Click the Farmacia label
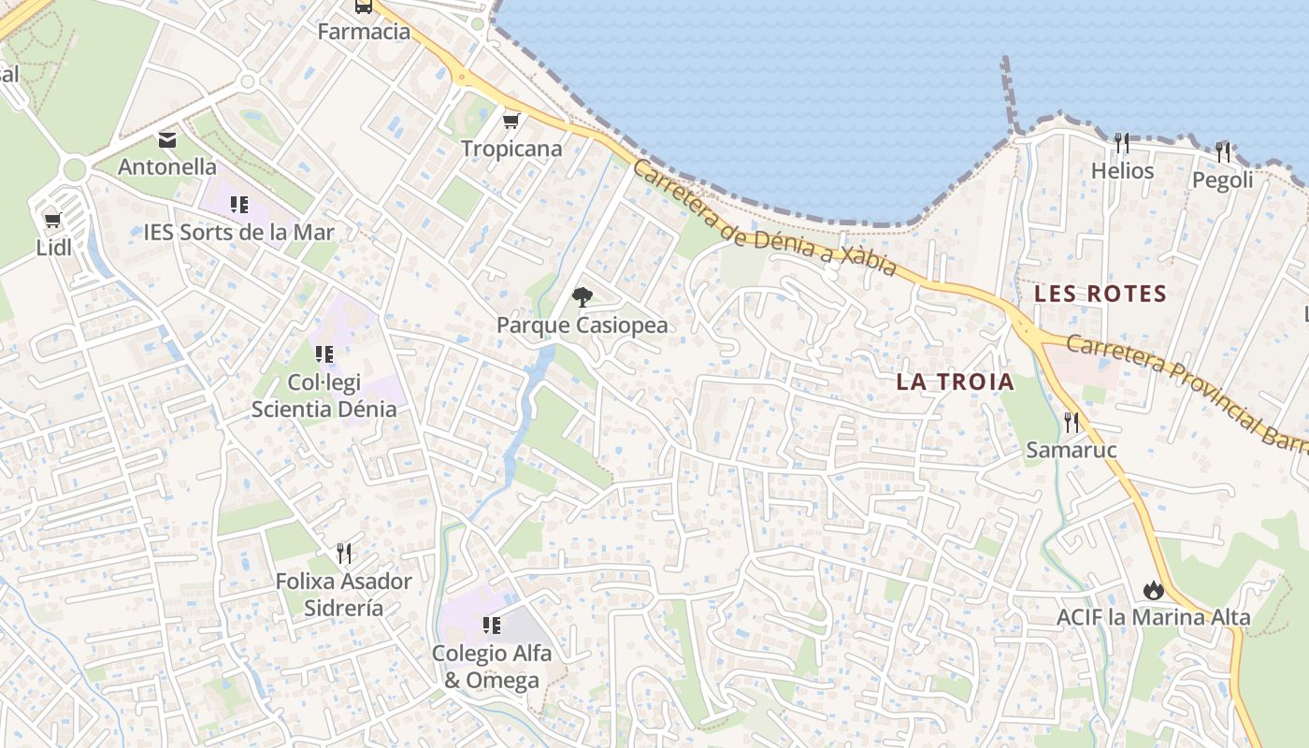[x=364, y=32]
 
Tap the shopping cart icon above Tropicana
[x=511, y=121]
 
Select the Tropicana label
[x=511, y=149]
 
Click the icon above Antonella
[x=167, y=140]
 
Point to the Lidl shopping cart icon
[x=53, y=222]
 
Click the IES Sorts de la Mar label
[x=238, y=232]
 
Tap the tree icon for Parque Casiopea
[x=582, y=297]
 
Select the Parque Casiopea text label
[x=582, y=325]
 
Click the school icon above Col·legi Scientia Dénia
[x=324, y=354]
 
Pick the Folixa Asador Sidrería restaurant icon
[x=344, y=554]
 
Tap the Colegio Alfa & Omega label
[x=492, y=666]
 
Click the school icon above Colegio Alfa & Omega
[x=491, y=625]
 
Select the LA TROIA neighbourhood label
[x=955, y=381]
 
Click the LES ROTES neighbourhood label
[x=1100, y=294]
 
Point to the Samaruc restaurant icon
[x=1072, y=423]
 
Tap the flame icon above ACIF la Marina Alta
[x=1153, y=590]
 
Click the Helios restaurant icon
[x=1122, y=143]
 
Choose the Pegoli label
[x=1222, y=180]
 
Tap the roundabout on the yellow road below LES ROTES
[x=1028, y=329]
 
